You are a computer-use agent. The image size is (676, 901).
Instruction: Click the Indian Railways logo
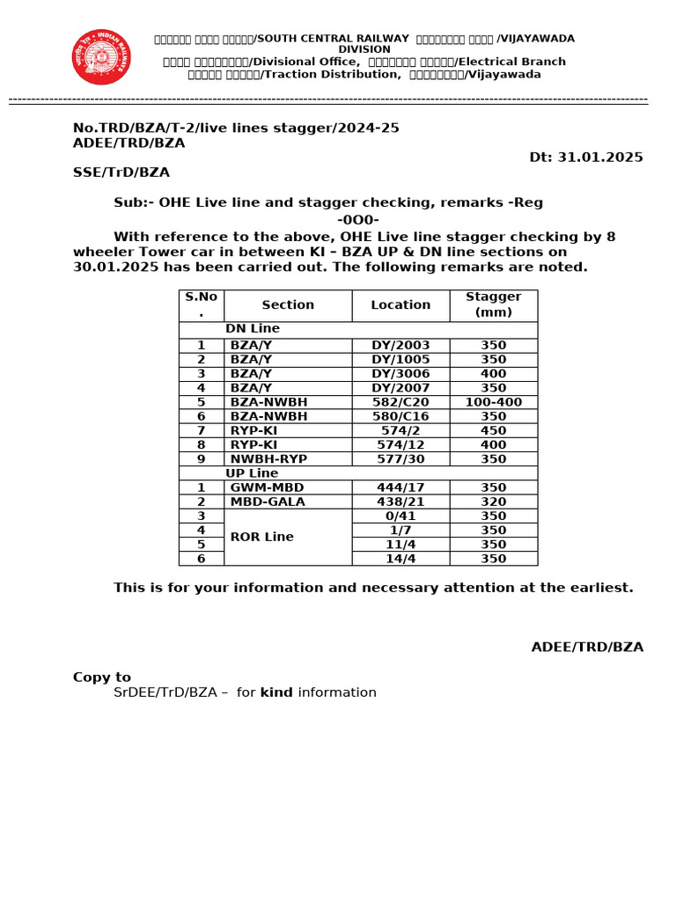[101, 57]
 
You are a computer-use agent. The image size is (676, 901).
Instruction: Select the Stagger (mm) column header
[493, 304]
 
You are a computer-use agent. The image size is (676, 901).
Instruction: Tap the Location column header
[400, 305]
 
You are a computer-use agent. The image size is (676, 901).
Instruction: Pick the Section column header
[288, 305]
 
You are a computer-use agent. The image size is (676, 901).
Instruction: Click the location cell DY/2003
[400, 346]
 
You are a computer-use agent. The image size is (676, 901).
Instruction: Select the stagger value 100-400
[493, 402]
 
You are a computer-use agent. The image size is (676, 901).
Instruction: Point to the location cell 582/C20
[400, 402]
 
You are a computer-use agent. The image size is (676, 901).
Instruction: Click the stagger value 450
[493, 430]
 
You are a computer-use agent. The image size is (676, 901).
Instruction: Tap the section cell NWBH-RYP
[268, 458]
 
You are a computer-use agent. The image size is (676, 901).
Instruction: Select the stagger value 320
[493, 502]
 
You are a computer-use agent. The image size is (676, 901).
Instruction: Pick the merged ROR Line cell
[288, 537]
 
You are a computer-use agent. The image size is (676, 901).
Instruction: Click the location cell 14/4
[400, 559]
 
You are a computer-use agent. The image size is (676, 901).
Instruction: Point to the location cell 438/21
[400, 502]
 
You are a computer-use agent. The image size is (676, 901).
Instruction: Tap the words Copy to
[101, 678]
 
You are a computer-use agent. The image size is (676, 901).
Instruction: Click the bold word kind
[276, 692]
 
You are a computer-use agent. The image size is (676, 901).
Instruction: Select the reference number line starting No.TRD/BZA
[236, 128]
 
